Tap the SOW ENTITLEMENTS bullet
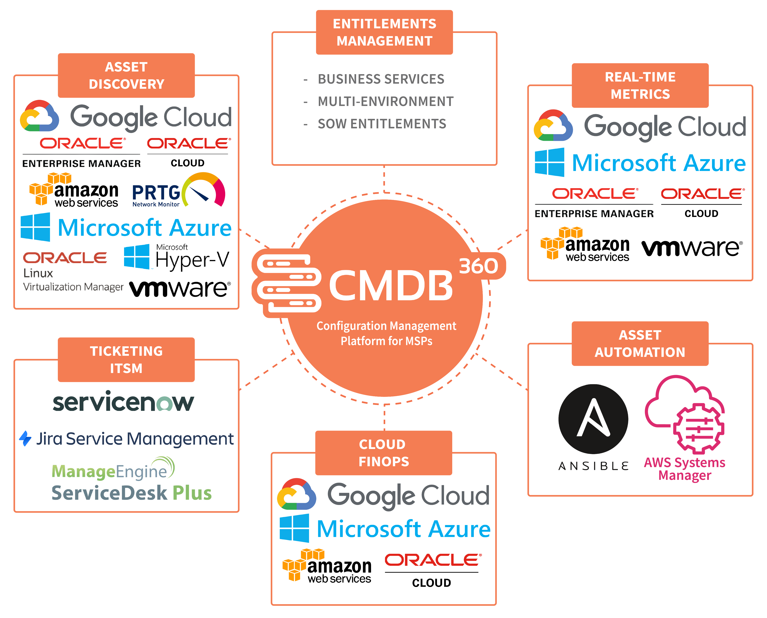(382, 124)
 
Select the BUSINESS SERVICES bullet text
(381, 79)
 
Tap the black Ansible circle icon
(593, 419)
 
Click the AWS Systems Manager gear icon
(698, 429)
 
